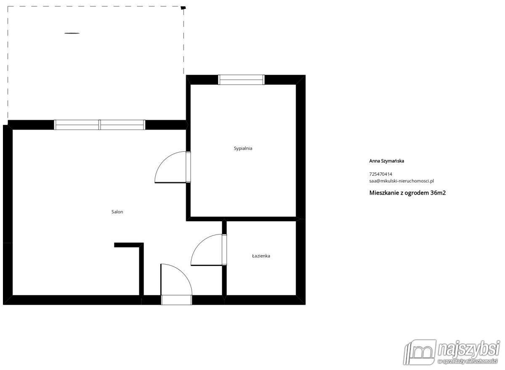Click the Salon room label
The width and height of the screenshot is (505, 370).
click(117, 212)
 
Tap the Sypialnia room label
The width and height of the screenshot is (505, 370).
click(243, 148)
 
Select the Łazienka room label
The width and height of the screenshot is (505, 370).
click(261, 256)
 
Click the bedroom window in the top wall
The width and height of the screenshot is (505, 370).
click(241, 80)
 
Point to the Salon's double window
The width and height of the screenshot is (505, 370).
click(100, 125)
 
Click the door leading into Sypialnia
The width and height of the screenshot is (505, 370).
click(173, 167)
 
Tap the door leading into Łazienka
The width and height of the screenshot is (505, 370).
click(209, 249)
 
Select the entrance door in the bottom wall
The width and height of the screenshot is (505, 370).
click(176, 284)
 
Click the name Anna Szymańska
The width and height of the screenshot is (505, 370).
click(386, 161)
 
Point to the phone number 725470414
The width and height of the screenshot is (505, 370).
click(380, 174)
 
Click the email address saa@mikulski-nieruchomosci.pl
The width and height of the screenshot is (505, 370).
click(401, 181)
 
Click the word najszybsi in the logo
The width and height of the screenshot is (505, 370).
click(468, 349)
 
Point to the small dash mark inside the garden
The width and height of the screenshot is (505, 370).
click(72, 33)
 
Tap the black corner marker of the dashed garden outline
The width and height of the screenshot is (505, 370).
click(183, 8)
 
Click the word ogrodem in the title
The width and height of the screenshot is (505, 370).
click(416, 193)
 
